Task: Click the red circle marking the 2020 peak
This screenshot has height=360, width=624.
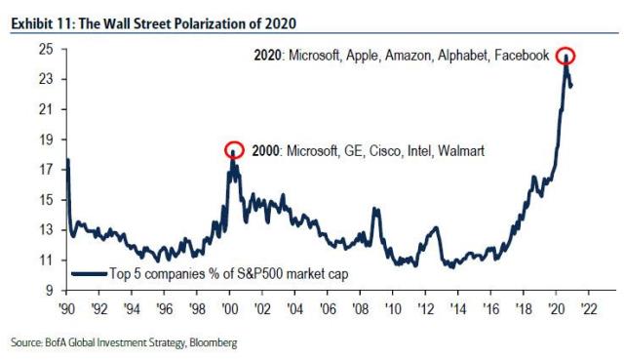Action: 565,57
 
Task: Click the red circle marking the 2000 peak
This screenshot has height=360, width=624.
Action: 233,150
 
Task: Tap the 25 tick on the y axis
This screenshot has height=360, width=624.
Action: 45,48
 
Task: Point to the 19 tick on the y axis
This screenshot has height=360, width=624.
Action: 45,139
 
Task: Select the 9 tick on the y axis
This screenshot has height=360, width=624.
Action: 48,291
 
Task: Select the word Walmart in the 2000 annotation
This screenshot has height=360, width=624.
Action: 459,151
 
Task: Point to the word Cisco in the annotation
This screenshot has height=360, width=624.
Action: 374,151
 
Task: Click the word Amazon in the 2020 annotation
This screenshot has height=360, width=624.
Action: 401,56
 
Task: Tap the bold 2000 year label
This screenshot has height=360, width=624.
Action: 265,151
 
